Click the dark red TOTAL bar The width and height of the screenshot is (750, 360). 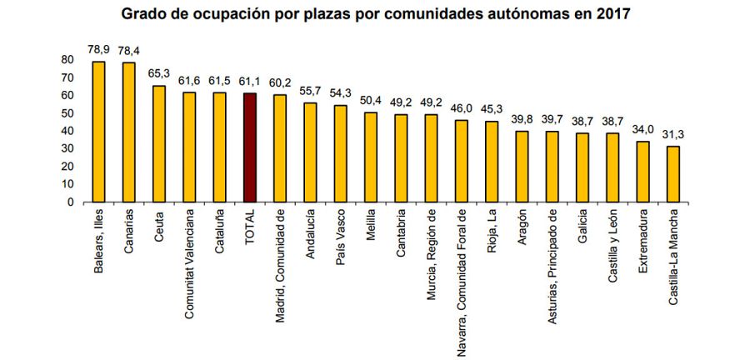pos(249,147)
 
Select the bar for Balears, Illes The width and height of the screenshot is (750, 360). pos(98,132)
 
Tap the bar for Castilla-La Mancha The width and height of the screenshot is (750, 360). pos(673,174)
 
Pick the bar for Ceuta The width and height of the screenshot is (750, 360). pos(158,143)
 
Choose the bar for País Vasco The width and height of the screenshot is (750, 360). pos(340,153)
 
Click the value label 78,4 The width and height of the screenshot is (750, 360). pos(129,50)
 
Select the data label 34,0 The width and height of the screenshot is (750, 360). pos(643,129)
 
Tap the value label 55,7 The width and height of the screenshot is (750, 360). pos(310,90)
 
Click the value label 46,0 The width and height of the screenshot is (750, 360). pos(462,107)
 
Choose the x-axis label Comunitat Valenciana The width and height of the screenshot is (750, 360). pos(189,253)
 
